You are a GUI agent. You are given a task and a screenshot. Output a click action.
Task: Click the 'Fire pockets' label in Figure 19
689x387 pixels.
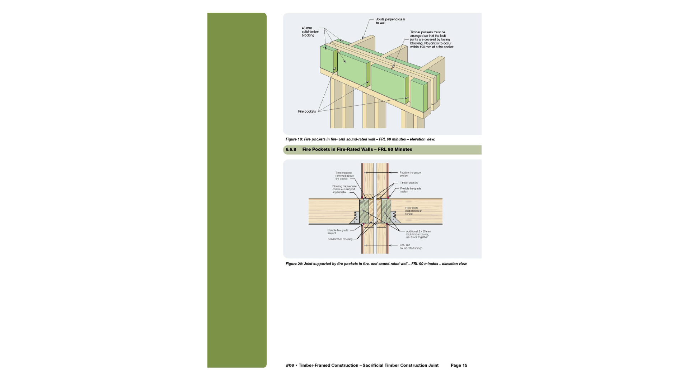307,111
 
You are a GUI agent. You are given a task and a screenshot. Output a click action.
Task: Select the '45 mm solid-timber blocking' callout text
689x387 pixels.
310,32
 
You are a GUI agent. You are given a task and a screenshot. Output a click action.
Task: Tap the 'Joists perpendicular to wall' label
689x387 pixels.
390,21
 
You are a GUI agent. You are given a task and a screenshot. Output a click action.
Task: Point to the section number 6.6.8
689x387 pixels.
291,149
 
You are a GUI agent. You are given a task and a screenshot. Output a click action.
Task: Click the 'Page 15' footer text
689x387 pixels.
459,365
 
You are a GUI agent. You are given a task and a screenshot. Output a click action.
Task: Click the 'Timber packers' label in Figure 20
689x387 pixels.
409,183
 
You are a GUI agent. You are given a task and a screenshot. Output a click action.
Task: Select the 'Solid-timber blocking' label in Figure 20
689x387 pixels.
340,239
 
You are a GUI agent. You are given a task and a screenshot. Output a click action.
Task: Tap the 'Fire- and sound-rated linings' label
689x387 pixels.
411,247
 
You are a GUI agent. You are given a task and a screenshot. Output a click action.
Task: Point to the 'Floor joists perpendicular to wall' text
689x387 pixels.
413,211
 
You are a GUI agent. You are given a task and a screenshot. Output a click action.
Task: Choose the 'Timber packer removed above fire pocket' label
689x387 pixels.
344,176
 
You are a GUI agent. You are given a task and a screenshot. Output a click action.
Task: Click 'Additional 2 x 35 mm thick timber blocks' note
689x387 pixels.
418,234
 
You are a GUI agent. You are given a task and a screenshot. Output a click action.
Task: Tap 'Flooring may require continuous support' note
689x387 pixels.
344,189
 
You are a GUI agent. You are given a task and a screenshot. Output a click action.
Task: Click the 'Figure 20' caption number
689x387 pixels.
294,264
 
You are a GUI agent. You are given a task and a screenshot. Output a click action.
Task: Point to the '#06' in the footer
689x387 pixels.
290,365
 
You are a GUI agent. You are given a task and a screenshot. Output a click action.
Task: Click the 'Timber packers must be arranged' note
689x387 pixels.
431,39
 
